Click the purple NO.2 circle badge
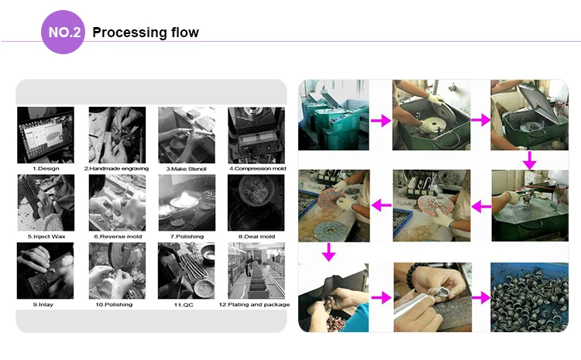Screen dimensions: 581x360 click(x=63, y=33)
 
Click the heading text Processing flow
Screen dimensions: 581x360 click(x=146, y=33)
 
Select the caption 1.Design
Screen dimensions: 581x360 click(x=46, y=169)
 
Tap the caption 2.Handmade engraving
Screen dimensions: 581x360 click(x=116, y=169)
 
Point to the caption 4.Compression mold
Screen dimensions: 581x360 click(x=257, y=169)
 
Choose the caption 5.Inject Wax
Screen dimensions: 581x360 click(x=46, y=236)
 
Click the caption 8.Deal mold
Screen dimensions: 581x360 click(x=256, y=236)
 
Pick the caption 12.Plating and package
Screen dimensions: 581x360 click(x=254, y=304)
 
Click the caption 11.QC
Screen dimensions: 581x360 click(x=184, y=305)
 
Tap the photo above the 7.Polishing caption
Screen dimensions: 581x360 click(x=187, y=203)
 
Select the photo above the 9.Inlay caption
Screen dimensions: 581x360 click(x=45, y=271)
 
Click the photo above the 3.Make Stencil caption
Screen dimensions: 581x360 click(x=187, y=135)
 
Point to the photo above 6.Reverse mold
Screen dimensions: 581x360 click(x=117, y=203)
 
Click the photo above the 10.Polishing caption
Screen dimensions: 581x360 click(x=117, y=271)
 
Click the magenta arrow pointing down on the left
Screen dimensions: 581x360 click(x=328, y=252)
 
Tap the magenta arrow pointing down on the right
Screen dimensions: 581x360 click(x=530, y=160)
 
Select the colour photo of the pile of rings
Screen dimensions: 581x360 click(x=530, y=297)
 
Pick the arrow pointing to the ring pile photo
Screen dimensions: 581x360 click(x=481, y=297)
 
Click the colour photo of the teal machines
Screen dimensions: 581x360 click(x=333, y=115)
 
